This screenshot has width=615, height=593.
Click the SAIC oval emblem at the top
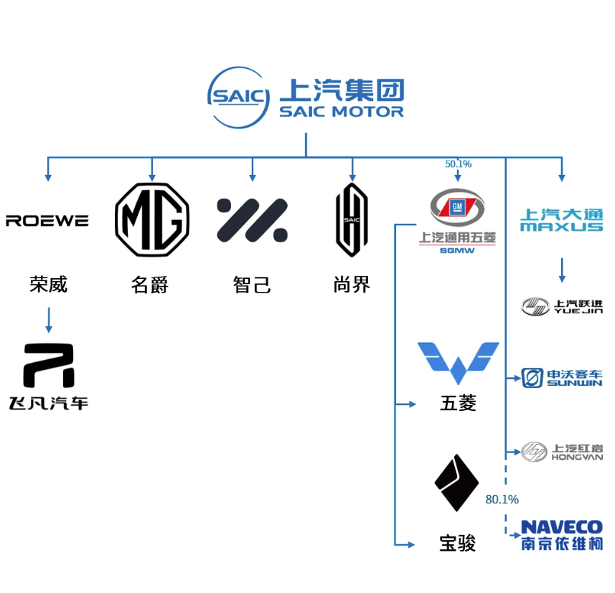click(238, 98)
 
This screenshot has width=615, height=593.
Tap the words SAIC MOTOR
click(341, 112)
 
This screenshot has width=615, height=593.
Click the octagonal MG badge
click(152, 219)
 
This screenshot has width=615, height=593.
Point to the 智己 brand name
click(252, 285)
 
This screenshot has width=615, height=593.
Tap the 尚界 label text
click(352, 285)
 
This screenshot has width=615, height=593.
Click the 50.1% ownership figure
click(458, 164)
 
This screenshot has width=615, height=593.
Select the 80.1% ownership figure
click(502, 499)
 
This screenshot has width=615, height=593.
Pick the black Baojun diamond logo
click(457, 483)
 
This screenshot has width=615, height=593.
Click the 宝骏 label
click(458, 544)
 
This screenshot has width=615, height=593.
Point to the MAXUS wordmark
click(562, 227)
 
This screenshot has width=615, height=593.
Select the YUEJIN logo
click(562, 306)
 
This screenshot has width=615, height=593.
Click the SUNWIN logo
click(562, 378)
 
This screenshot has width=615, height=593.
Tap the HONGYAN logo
click(562, 452)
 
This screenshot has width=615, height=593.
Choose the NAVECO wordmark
click(562, 528)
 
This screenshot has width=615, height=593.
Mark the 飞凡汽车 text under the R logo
click(48, 404)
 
